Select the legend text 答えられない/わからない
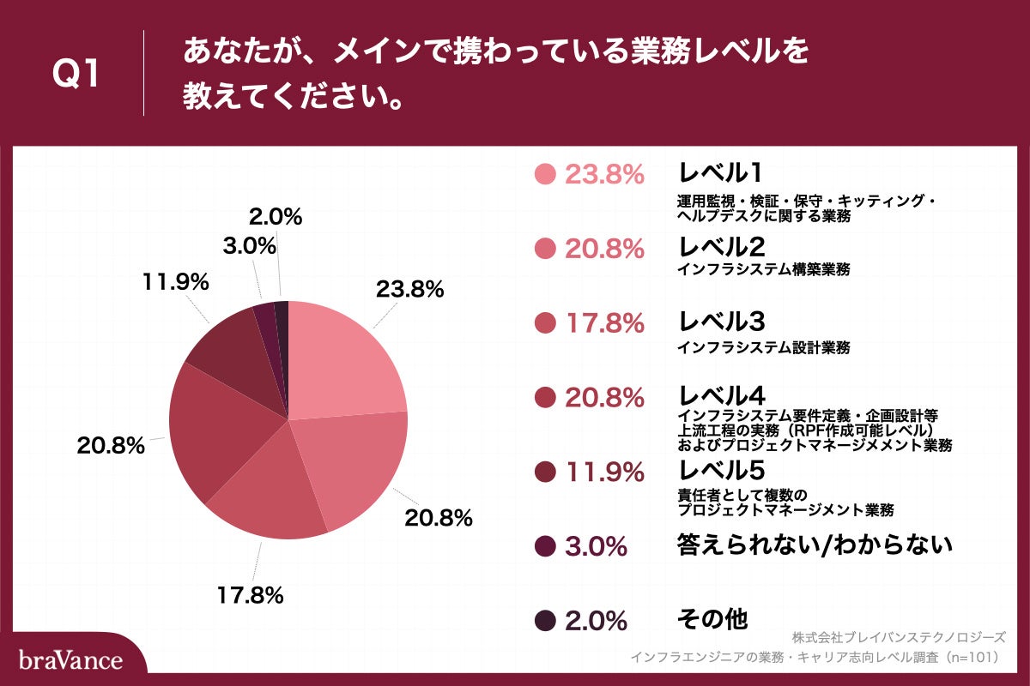coord(815,544)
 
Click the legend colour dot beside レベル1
coord(545,174)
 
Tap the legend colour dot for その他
coord(545,620)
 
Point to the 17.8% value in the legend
coord(604,323)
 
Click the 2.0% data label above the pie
coord(275,217)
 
